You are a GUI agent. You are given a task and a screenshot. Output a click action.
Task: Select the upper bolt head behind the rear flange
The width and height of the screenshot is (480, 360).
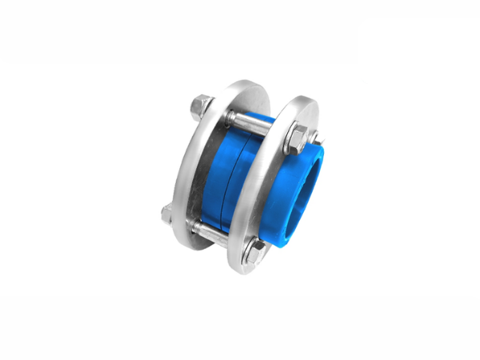tap(201, 106)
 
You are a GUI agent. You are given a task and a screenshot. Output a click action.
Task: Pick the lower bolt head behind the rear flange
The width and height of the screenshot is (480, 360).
tap(167, 214)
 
